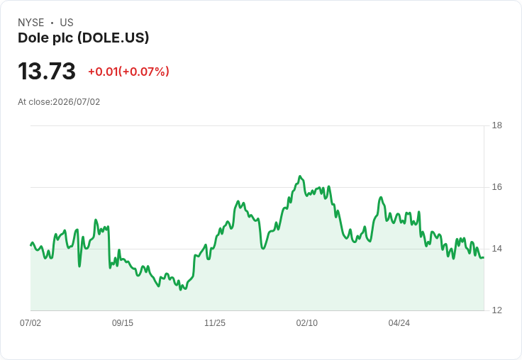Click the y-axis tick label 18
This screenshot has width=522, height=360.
click(496, 125)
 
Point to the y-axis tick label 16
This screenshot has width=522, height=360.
click(496, 187)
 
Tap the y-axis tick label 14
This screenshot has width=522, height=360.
click(496, 249)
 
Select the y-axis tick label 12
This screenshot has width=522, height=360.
click(496, 310)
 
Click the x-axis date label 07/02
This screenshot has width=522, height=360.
click(30, 322)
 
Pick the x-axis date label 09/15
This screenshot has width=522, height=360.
click(123, 322)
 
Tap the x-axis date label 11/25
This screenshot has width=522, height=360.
click(215, 322)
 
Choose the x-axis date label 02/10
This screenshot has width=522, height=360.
click(307, 322)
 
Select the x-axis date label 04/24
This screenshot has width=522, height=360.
click(399, 322)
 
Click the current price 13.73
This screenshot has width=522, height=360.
click(47, 71)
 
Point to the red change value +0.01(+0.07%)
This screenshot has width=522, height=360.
click(128, 72)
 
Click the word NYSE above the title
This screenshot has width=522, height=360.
click(31, 23)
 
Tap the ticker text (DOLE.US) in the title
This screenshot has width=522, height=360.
click(113, 38)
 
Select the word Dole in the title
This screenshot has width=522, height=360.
click(31, 38)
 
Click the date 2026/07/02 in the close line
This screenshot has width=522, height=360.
click(76, 102)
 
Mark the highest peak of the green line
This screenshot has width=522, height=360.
click(300, 176)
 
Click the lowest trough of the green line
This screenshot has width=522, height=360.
click(181, 290)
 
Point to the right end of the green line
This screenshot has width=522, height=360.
click(484, 257)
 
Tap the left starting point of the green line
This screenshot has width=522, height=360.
click(30, 245)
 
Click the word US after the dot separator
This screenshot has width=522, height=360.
click(67, 23)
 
